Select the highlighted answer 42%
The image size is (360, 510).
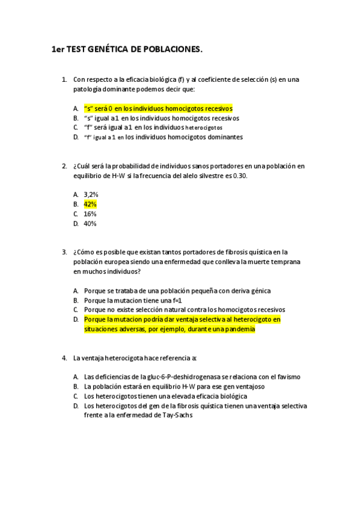(x=90, y=204)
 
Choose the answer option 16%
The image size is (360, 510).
(x=90, y=214)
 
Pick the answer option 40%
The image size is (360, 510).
(x=90, y=223)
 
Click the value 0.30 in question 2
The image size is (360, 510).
(x=239, y=175)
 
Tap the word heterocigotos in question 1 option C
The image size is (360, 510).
(x=204, y=127)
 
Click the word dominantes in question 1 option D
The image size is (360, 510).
(x=224, y=137)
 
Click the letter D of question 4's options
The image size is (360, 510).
(x=76, y=406)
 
